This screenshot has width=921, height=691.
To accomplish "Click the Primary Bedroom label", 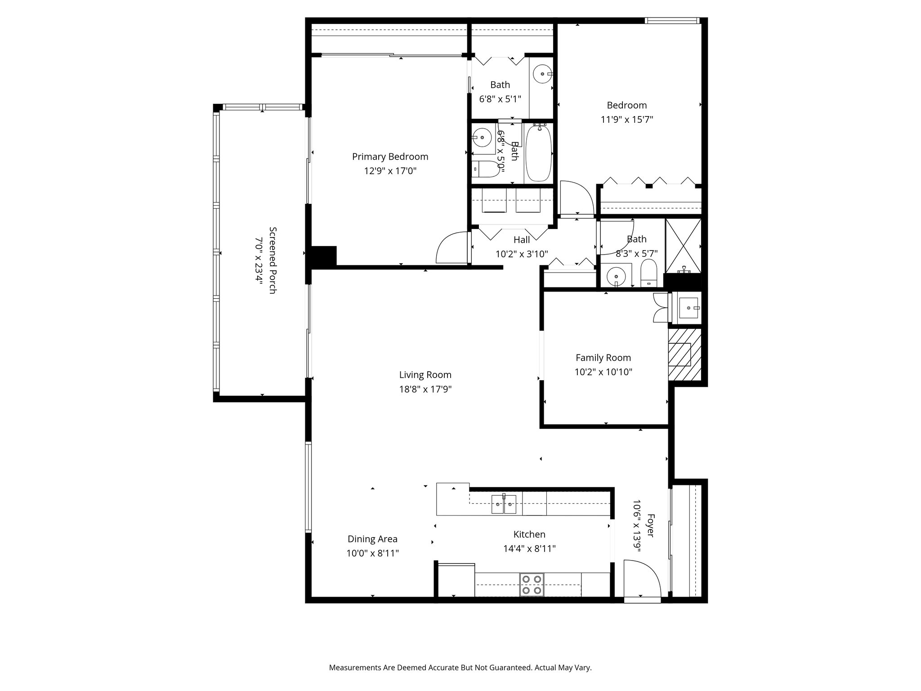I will (390, 157).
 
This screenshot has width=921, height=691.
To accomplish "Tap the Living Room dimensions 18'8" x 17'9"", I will (425, 389).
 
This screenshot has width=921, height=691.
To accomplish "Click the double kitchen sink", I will (504, 505).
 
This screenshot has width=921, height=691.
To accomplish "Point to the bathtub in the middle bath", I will (538, 153).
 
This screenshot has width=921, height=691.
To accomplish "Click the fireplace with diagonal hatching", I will (684, 355).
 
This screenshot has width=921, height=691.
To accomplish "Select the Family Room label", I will (603, 358).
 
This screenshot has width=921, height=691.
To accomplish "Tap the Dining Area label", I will (372, 539).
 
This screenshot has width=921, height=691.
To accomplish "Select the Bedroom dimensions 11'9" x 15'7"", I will (626, 120).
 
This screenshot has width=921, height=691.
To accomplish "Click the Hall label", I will (522, 240).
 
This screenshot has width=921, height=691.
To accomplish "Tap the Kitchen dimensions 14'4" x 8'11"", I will (529, 549).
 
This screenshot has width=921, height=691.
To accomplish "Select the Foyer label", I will (650, 525).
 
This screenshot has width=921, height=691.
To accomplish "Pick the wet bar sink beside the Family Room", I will (688, 307).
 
